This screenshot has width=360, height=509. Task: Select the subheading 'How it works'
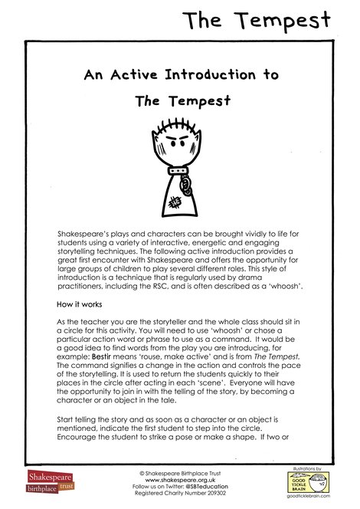click(x=83, y=304)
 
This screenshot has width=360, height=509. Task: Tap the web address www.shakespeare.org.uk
click(x=179, y=479)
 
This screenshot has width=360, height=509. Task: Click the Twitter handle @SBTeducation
click(x=207, y=487)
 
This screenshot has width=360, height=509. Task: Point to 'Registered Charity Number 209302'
click(x=179, y=494)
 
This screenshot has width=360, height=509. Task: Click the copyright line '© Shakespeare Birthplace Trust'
click(x=179, y=471)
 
